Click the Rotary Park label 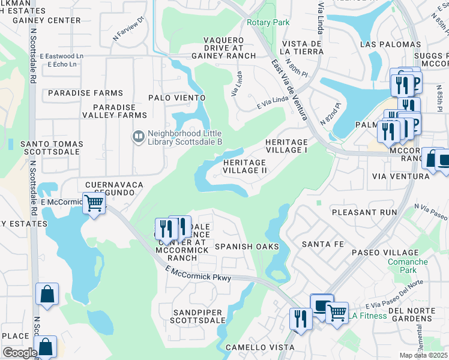pos(268,22)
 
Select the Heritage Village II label pos(244,166)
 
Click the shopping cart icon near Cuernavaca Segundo pos(94,203)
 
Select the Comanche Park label pos(407,266)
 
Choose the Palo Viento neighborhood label pos(177,98)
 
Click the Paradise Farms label pos(85,93)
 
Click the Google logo pos(19,353)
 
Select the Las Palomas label pos(390,44)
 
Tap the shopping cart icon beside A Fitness pos(337,311)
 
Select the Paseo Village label pos(385,253)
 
